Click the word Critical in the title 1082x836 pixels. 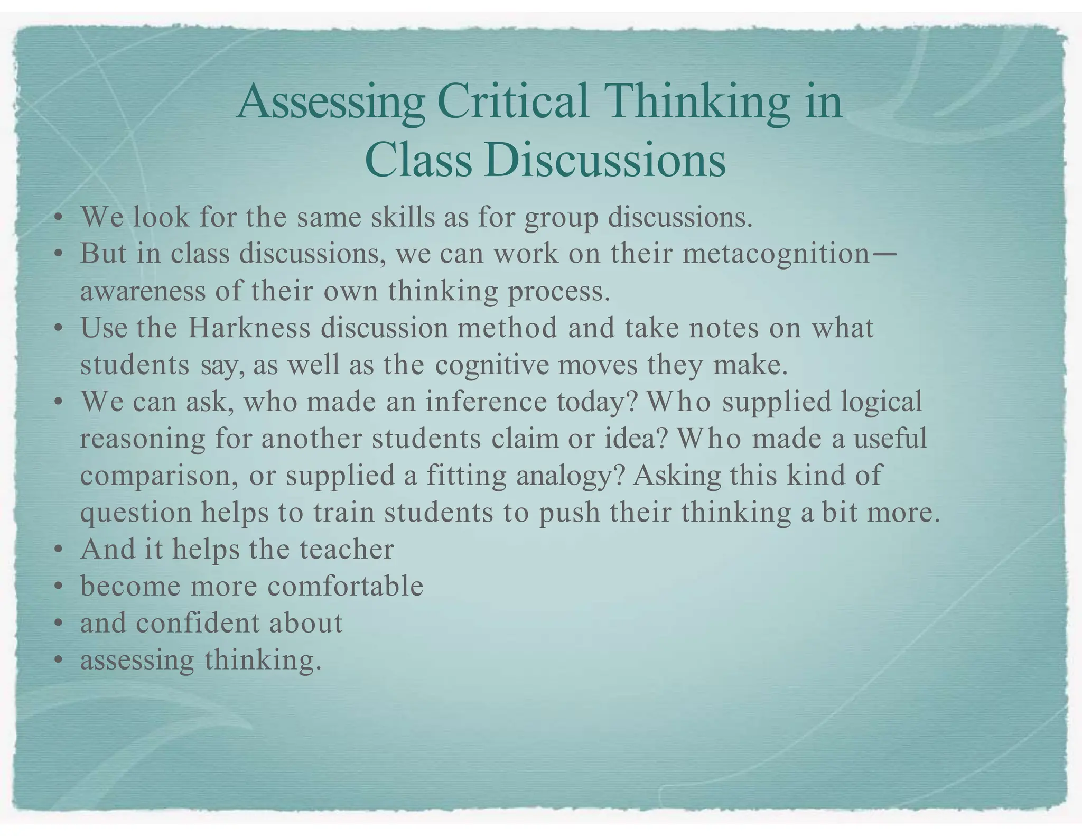pyautogui.click(x=512, y=101)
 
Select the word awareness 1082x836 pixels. pyautogui.click(x=142, y=291)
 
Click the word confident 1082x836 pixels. pyautogui.click(x=198, y=623)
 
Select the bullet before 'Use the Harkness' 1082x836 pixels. pyautogui.click(x=59, y=328)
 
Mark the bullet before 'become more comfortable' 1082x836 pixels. pyautogui.click(x=59, y=587)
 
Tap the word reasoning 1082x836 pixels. pyautogui.click(x=142, y=439)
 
